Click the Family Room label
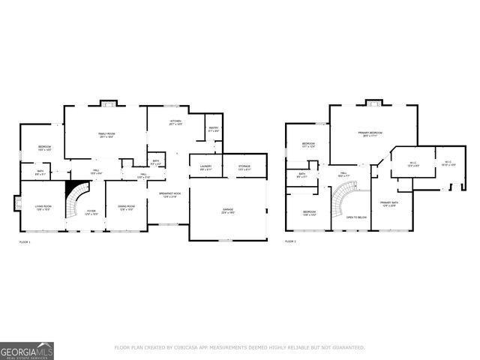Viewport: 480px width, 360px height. point(106,135)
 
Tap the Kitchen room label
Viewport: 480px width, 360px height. point(175,121)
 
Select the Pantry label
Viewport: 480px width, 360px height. point(213,130)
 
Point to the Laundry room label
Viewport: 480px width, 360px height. point(205,167)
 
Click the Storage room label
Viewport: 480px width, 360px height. point(244,167)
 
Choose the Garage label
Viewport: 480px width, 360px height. point(227,211)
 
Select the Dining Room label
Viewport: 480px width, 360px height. point(125,208)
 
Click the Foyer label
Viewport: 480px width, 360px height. point(91,212)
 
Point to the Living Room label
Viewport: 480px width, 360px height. point(43,208)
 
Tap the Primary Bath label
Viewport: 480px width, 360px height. point(388,204)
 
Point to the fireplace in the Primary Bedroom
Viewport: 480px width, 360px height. point(373,102)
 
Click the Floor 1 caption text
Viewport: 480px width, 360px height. point(25,242)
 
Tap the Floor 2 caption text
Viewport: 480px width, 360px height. point(290,242)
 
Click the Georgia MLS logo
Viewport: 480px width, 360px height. point(27,350)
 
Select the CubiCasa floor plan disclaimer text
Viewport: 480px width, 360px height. point(239,347)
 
